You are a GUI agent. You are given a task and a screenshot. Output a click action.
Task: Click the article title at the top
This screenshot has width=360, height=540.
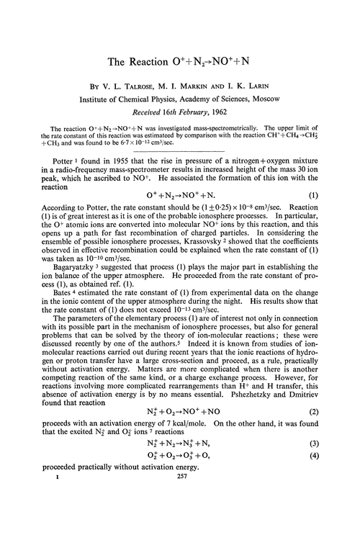coord(180,63)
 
